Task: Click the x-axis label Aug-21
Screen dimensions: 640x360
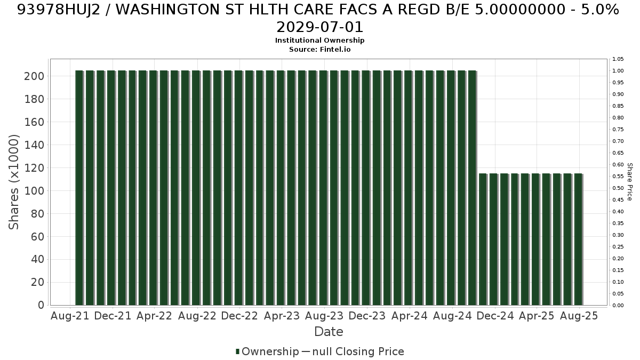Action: point(70,316)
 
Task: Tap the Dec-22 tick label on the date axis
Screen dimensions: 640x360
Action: point(239,316)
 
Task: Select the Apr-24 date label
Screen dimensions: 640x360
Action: point(410,316)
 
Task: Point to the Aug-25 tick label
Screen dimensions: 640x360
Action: point(579,316)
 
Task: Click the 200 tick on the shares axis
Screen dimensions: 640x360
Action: point(34,76)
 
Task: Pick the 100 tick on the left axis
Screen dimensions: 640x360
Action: point(34,191)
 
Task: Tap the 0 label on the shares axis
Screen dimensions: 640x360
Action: point(41,305)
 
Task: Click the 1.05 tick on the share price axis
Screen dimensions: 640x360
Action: point(618,59)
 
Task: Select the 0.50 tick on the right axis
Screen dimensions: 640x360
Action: point(618,188)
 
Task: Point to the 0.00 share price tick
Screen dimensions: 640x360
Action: point(618,306)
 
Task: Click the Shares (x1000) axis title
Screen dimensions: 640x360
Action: point(13,182)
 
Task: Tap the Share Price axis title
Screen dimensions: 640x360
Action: point(629,182)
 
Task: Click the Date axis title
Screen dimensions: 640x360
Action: point(329,332)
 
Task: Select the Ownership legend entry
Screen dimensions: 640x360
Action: point(267,351)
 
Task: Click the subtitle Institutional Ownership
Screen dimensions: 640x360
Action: point(319,41)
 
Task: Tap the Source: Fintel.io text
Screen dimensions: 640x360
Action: point(319,50)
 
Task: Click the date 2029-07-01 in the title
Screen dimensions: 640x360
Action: point(319,27)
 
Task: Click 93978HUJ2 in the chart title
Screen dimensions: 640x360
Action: point(59,10)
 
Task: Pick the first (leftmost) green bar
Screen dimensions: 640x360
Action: point(79,188)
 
